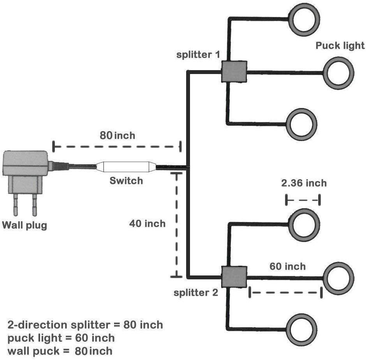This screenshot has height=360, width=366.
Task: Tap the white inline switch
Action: point(126,167)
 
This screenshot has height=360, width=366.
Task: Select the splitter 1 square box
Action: point(234,71)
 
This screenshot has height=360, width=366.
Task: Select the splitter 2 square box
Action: point(234,277)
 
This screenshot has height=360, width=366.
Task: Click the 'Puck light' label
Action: point(340,46)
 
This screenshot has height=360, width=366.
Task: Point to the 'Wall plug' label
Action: point(25,226)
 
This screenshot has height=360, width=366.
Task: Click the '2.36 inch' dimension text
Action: point(304,183)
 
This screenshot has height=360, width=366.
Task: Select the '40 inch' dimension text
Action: point(147,224)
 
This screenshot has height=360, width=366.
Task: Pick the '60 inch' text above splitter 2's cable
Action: point(288,266)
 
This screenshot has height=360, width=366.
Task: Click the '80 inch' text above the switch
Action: point(118,136)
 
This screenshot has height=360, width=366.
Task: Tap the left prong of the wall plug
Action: point(16,205)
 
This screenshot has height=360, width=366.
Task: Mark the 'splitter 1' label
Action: point(198,55)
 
